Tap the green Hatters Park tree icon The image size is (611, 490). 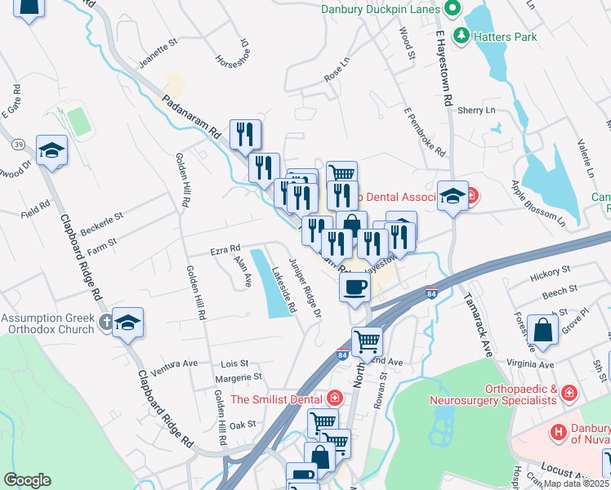462,36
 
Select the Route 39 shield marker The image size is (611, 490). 16,145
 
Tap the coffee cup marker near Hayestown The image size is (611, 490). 355,287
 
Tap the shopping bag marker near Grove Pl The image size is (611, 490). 542,330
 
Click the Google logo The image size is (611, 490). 27,480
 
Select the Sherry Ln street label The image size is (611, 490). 476,110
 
